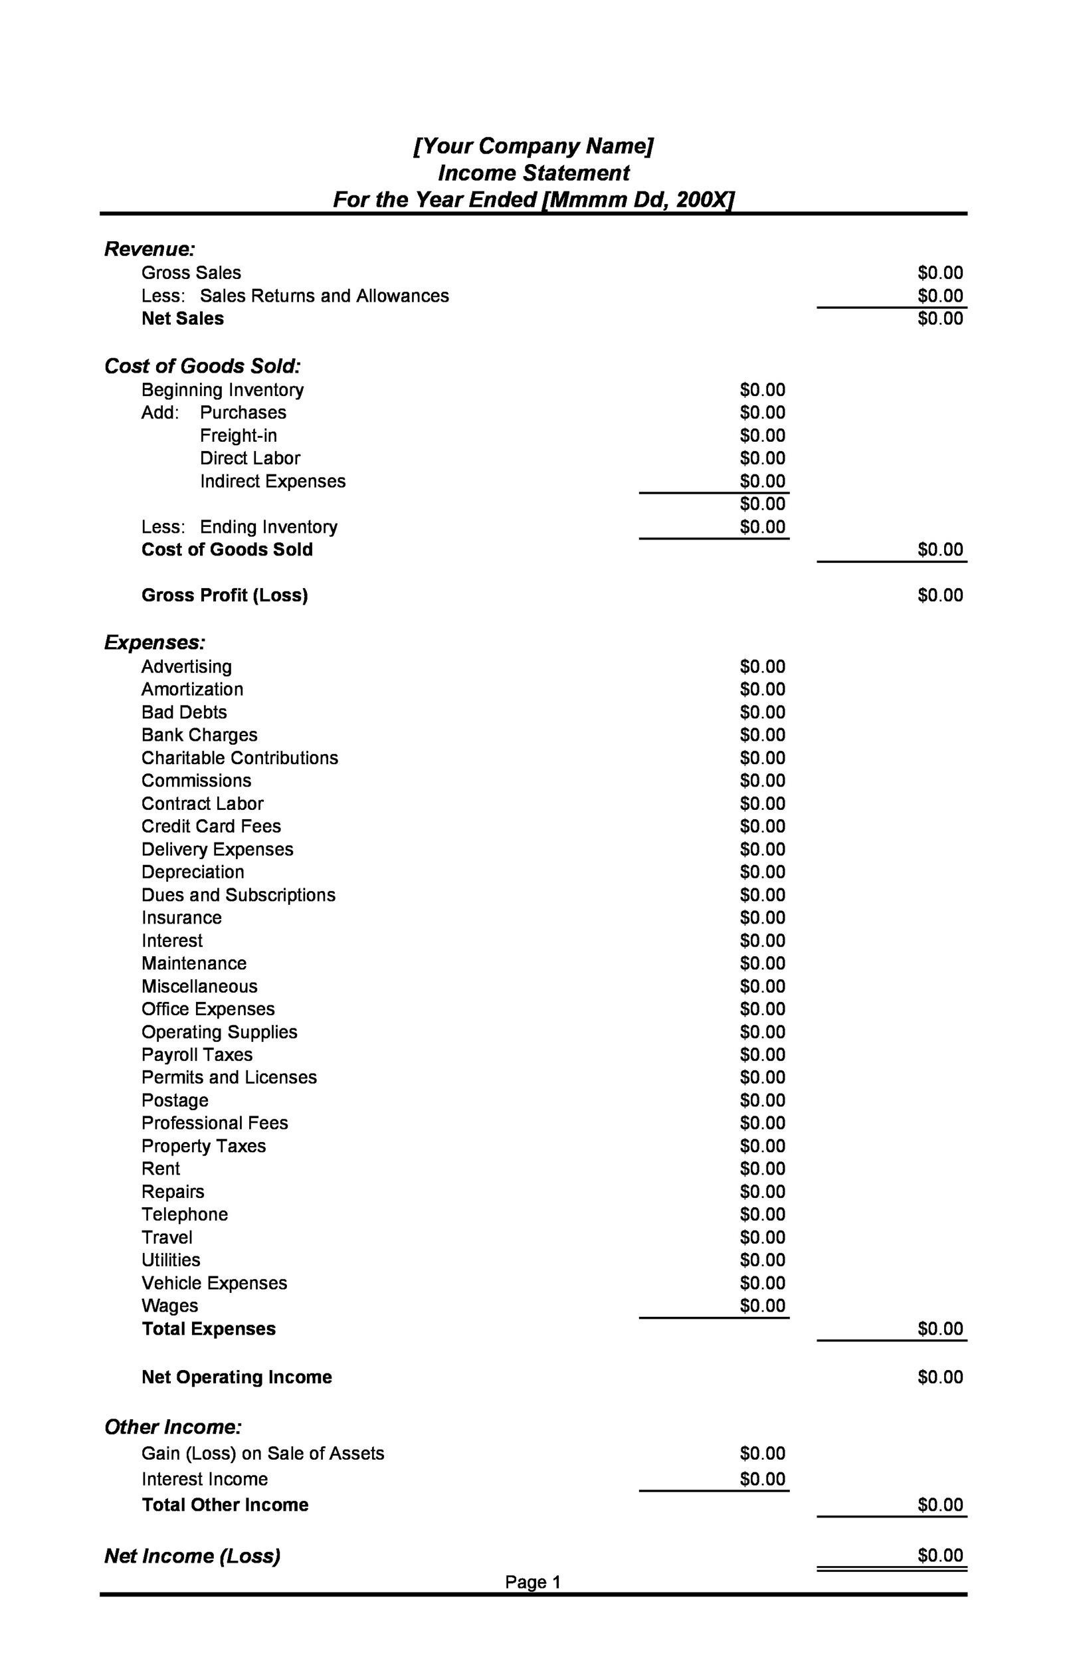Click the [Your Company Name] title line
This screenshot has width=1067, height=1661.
pyautogui.click(x=533, y=146)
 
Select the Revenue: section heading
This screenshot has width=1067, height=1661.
pyautogui.click(x=149, y=248)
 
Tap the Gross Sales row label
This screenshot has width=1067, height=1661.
pyautogui.click(x=191, y=273)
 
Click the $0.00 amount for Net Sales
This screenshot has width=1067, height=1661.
pyautogui.click(x=939, y=319)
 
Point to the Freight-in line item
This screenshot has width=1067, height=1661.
pyautogui.click(x=239, y=436)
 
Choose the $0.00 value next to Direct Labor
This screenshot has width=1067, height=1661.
pyautogui.click(x=762, y=458)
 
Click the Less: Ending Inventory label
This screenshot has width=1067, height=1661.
pyautogui.click(x=239, y=527)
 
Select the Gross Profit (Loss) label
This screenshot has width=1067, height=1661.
pyautogui.click(x=225, y=596)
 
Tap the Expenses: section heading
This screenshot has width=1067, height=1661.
pyautogui.click(x=155, y=642)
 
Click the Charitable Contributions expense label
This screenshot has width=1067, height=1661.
pyautogui.click(x=240, y=758)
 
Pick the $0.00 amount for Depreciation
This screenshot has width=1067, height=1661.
pyautogui.click(x=762, y=872)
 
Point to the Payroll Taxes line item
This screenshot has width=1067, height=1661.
pyautogui.click(x=197, y=1055)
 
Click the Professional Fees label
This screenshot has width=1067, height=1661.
pyautogui.click(x=215, y=1123)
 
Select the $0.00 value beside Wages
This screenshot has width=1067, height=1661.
pyautogui.click(x=762, y=1306)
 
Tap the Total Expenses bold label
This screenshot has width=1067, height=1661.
pyautogui.click(x=209, y=1329)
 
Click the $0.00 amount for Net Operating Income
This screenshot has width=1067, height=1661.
pyautogui.click(x=939, y=1377)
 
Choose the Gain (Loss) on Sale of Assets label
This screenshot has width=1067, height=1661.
pyautogui.click(x=262, y=1453)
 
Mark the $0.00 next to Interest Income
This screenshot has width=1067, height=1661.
pyautogui.click(x=762, y=1479)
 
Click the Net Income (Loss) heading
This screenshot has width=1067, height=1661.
pyautogui.click(x=192, y=1556)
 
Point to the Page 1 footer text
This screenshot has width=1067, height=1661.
pyautogui.click(x=532, y=1582)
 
